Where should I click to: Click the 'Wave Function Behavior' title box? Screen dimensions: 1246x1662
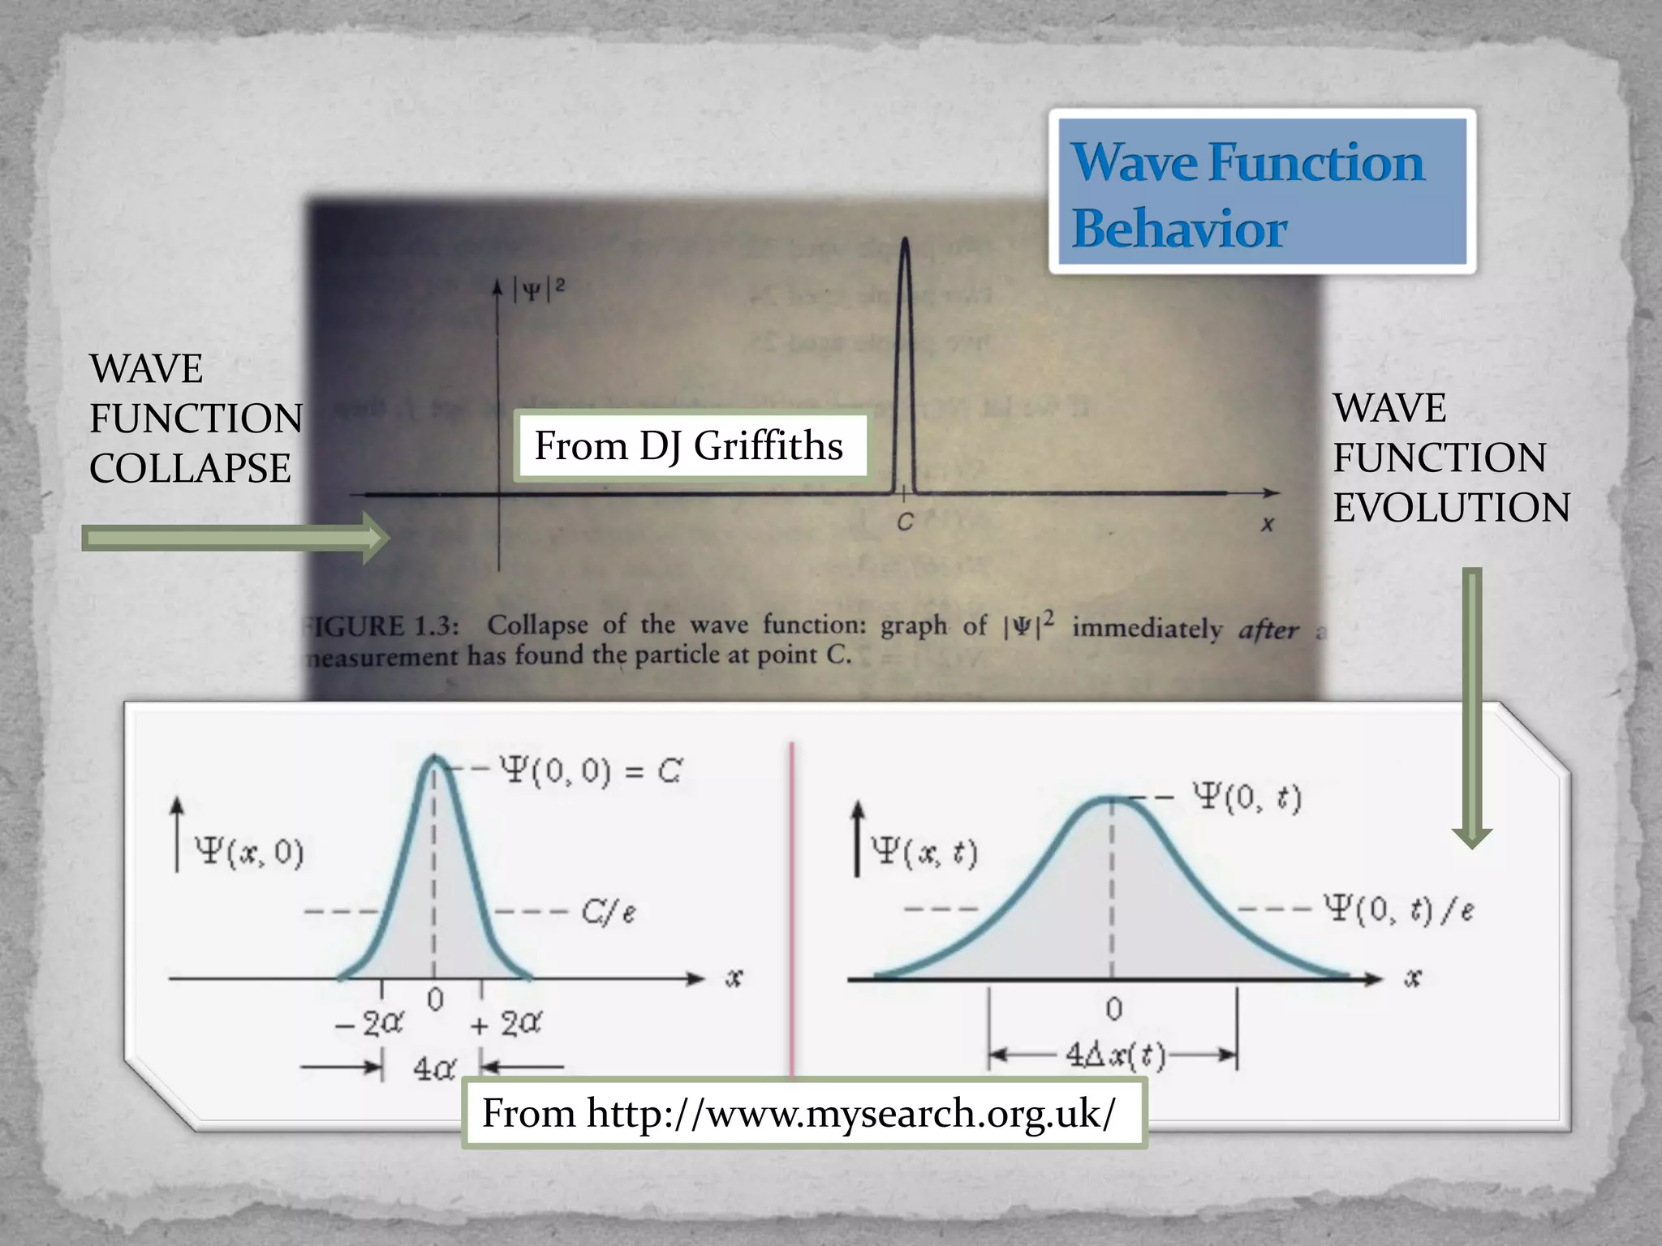(x=1261, y=193)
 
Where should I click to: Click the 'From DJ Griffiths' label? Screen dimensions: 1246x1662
(x=689, y=447)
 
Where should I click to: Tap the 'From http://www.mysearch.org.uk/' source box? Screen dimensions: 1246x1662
(x=802, y=1113)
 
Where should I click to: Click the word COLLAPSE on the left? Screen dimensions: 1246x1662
(x=190, y=469)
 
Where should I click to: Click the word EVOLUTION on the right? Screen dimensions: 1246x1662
(x=1451, y=509)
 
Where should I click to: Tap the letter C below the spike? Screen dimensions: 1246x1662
(x=905, y=523)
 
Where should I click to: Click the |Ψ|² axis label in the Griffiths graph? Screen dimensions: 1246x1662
(x=539, y=289)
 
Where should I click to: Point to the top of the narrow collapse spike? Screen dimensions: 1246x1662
(x=905, y=242)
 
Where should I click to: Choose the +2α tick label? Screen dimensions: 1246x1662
(x=506, y=1025)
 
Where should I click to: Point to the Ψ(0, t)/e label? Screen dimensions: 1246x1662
(x=1398, y=909)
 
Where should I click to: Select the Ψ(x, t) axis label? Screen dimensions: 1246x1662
(x=924, y=853)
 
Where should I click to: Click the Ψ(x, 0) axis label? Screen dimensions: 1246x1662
(x=249, y=853)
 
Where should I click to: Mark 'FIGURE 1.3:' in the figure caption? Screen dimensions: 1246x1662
(x=381, y=627)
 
